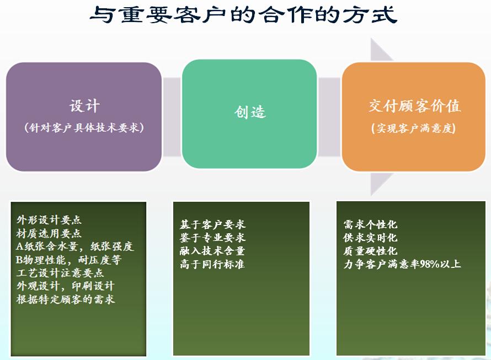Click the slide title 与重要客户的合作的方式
[x=243, y=15]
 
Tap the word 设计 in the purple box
[x=84, y=106]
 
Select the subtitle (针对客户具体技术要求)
[x=84, y=127]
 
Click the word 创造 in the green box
[x=250, y=112]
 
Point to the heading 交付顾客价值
[x=414, y=106]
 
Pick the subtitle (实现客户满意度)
[x=413, y=128]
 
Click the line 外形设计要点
[x=49, y=220]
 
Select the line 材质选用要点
[x=49, y=233]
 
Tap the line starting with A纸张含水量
[x=75, y=246]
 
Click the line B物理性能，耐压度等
[x=68, y=260]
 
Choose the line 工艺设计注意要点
[x=60, y=273]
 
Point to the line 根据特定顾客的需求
[x=66, y=299]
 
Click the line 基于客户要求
[x=212, y=224]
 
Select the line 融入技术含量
[x=212, y=251]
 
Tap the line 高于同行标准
[x=212, y=264]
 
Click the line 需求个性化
[x=370, y=224]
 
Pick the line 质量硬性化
[x=370, y=251]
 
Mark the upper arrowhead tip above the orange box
[x=371, y=38]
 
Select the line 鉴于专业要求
[x=212, y=238]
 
